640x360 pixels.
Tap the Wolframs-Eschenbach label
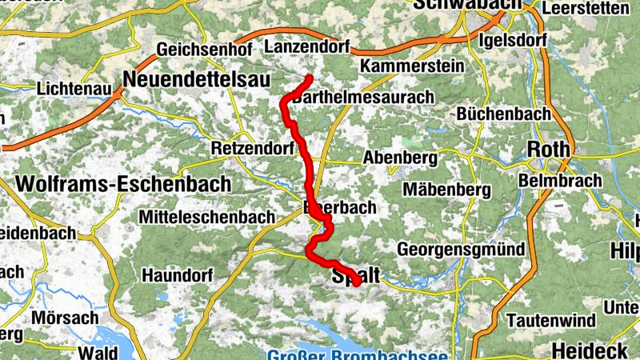123,184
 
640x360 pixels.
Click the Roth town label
549,150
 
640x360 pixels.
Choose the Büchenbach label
504,114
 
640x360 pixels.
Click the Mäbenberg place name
446,190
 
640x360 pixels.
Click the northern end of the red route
309,78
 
